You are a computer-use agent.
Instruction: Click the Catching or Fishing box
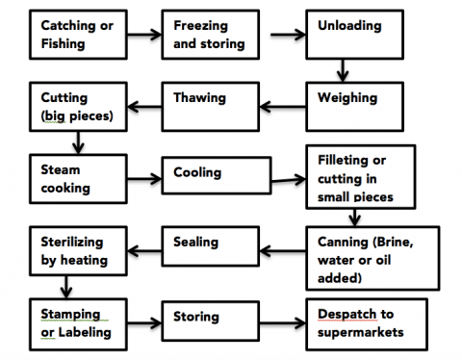point(77,36)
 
